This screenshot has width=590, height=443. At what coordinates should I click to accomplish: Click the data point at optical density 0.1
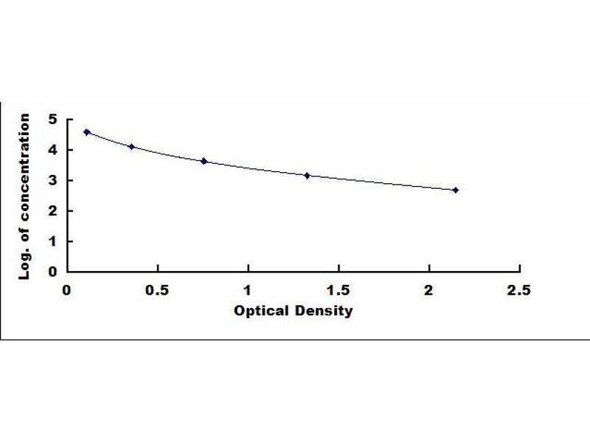pos(86,132)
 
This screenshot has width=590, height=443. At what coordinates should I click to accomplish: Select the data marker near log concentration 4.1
pos(131,146)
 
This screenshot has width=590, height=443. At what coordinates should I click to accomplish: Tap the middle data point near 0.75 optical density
pos(204,161)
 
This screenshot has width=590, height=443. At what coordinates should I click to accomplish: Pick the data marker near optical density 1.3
pos(307,176)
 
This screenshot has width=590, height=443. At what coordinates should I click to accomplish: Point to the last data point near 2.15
pos(456,190)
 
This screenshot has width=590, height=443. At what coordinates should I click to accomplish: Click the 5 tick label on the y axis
pos(52,120)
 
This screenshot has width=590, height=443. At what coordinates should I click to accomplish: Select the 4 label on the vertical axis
pos(52,150)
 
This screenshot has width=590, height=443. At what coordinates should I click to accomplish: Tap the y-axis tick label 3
pos(52,180)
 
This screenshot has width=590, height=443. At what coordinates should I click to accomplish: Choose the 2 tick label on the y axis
pos(52,210)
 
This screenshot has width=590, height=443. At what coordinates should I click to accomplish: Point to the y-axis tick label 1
pos(52,241)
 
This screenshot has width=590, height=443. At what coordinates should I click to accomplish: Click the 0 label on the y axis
pos(52,272)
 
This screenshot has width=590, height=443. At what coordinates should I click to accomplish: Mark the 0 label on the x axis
pos(66,290)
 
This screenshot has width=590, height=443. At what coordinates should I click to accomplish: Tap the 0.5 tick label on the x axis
pos(157,290)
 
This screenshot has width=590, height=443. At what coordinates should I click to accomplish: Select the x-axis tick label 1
pos(247,290)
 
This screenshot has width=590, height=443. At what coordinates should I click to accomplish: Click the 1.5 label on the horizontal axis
pos(339,290)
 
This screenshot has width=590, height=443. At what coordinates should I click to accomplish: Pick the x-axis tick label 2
pos(428,290)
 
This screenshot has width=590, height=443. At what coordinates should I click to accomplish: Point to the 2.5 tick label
pos(519,290)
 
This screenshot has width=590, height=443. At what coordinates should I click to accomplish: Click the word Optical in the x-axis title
pos(262,311)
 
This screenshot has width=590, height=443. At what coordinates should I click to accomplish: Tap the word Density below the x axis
pos(324,312)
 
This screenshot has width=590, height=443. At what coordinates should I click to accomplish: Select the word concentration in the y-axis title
pos(24,168)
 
